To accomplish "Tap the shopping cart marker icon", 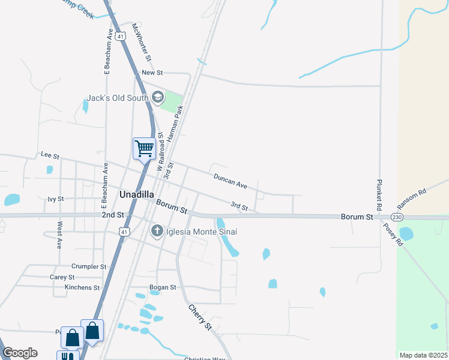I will (x=144, y=148).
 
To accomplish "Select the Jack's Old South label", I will (x=117, y=98).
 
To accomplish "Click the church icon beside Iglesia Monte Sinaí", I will (x=157, y=230).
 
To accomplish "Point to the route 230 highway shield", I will (x=396, y=217).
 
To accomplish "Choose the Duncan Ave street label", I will (x=231, y=179).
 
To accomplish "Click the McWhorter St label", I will (x=141, y=42).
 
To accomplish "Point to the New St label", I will (x=152, y=73).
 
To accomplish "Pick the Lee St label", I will (x=50, y=155).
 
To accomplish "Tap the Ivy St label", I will (x=55, y=199).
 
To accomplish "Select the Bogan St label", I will (x=164, y=287).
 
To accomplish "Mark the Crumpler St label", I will (x=88, y=266).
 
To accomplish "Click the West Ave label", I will (x=59, y=235).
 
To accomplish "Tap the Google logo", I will (x=20, y=353).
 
